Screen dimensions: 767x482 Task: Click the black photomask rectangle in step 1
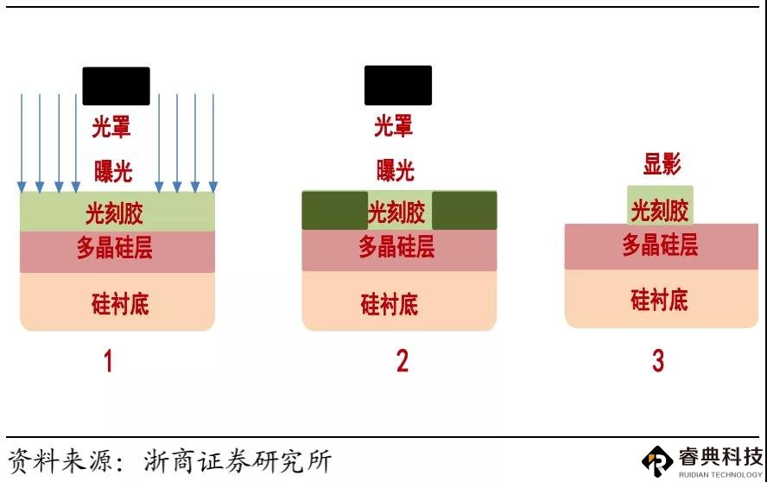[116, 86]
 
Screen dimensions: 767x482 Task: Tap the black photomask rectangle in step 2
[398, 86]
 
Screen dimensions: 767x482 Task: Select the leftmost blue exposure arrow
[22, 143]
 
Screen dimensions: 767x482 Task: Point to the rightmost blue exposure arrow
[213, 143]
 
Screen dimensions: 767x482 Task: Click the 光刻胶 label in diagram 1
[115, 213]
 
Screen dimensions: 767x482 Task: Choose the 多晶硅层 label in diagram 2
[396, 246]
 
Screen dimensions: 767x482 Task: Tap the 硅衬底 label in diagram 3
[659, 300]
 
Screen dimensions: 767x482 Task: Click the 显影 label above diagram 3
[662, 163]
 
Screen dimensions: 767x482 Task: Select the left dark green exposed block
[334, 211]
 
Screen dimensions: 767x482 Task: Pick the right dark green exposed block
[464, 211]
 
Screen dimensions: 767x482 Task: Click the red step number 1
[108, 362]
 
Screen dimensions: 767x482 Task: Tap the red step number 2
[403, 361]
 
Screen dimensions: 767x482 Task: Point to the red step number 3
[658, 361]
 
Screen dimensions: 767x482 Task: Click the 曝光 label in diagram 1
[113, 171]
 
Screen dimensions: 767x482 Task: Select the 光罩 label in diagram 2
[394, 126]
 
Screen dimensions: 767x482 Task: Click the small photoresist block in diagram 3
[660, 205]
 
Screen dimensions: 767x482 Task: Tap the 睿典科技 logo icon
[657, 461]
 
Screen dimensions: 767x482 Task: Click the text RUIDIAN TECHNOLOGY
[720, 474]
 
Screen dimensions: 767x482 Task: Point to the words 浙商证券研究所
[238, 461]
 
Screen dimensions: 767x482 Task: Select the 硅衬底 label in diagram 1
[120, 303]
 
